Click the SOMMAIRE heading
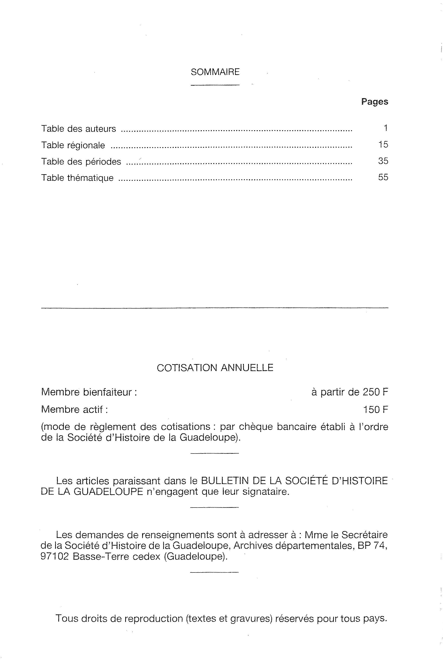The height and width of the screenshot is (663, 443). pos(215,72)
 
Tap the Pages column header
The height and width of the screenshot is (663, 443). pos(374,102)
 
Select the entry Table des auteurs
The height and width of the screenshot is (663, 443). pos(79,129)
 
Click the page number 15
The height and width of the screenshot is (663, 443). pos(383,145)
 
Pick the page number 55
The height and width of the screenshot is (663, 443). pos(383,177)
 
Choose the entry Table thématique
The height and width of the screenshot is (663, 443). pos(77,178)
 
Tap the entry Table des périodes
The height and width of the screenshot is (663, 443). pos(81,162)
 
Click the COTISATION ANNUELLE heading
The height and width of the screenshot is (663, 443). pos(215,368)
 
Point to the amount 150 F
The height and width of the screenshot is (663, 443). pos(375,410)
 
